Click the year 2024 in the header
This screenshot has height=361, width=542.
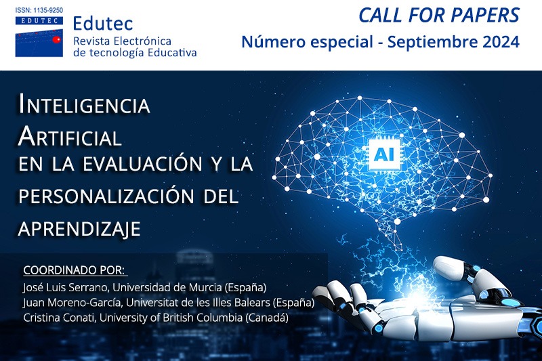(497, 42)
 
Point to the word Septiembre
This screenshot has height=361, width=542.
(425, 43)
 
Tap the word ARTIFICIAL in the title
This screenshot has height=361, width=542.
(70, 137)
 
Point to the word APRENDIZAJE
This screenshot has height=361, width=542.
(79, 228)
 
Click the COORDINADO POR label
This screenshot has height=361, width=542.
(75, 270)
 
